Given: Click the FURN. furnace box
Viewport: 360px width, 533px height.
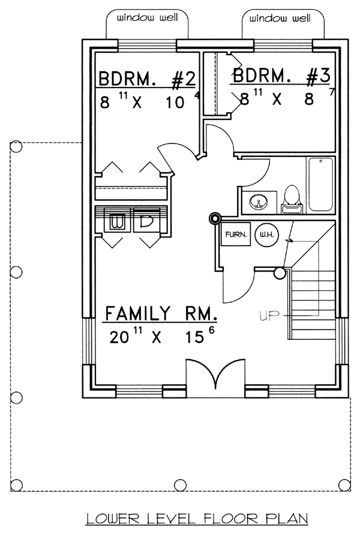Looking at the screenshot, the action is (x=236, y=234).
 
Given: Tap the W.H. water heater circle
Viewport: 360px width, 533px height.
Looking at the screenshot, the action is (x=266, y=234).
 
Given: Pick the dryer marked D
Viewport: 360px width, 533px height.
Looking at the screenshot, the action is (x=146, y=221).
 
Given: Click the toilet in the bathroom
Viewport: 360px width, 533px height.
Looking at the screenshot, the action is (x=291, y=200).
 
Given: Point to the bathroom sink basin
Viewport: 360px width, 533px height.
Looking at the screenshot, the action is (x=259, y=202).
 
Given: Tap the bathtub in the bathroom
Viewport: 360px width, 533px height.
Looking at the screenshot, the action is (x=320, y=185).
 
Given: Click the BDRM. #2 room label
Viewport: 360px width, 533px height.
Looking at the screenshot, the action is (x=148, y=80).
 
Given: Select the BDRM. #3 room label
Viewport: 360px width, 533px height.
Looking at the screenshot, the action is (x=281, y=76).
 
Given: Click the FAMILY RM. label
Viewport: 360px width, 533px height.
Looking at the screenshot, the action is (x=161, y=313).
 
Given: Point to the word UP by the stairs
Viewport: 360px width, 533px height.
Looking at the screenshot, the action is (x=269, y=316).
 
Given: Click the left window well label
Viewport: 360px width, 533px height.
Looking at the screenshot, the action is (x=148, y=17).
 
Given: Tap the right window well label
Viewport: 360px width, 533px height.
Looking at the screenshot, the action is (x=280, y=18).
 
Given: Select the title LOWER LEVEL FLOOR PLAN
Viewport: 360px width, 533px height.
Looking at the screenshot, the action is (x=197, y=519).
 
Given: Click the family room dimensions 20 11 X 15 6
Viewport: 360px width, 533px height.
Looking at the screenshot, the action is (x=162, y=336).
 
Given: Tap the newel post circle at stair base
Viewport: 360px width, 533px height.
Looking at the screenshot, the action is (x=280, y=273).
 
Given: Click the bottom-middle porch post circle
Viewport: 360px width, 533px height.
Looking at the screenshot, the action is (x=181, y=484).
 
